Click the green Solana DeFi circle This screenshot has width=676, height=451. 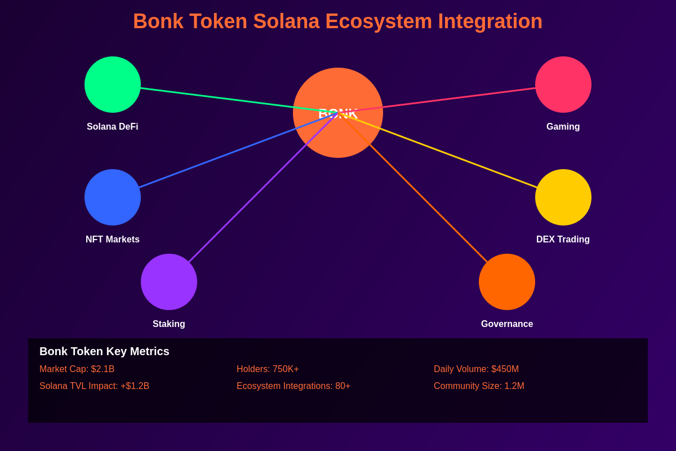113,85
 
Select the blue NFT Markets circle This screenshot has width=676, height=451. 113,197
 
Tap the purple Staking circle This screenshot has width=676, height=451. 169,282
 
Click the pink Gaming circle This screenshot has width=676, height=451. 563,85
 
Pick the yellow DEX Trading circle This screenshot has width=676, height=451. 563,197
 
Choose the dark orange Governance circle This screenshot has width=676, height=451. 507,282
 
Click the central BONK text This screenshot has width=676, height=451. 338,113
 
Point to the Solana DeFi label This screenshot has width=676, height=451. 113,127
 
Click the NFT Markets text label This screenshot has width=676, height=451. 113,240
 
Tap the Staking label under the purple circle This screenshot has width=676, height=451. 169,324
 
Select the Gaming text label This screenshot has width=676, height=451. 563,127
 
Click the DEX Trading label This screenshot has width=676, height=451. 563,240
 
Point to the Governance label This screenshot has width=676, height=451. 507,324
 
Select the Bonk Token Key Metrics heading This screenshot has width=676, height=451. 104,351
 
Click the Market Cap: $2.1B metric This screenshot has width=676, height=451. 77,369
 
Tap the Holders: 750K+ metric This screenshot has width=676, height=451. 268,369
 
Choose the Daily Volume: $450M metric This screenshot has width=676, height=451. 476,369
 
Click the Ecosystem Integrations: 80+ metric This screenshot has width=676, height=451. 293,386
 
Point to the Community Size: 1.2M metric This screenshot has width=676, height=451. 479,386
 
